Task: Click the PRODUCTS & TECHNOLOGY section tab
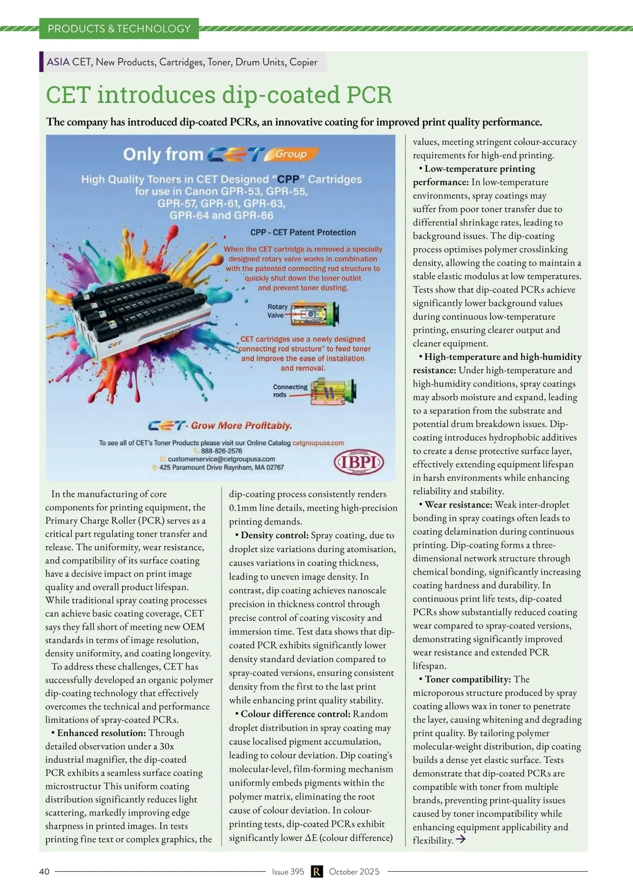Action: point(119,28)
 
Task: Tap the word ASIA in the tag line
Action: point(58,62)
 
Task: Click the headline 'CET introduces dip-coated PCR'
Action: point(219,95)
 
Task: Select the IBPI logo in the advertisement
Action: point(359,462)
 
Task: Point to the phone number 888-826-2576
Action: point(222,451)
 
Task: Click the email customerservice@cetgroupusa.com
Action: point(221,459)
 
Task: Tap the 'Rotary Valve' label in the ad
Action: point(277,310)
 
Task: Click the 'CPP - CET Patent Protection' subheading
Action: point(303,232)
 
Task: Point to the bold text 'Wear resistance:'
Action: point(458,504)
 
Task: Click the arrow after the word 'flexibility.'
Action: point(461,839)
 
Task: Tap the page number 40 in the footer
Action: point(44,871)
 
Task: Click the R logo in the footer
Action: point(316,871)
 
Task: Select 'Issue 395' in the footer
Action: point(288,871)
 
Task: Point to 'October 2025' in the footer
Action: point(354,871)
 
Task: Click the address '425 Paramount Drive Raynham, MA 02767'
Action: point(221,468)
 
